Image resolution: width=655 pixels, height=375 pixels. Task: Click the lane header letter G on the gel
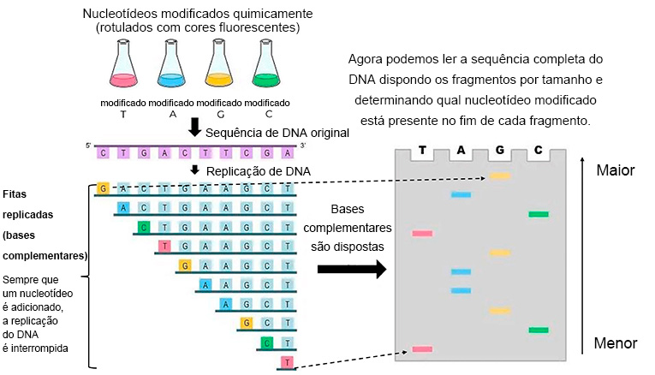tap(499, 152)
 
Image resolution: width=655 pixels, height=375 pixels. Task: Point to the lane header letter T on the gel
tap(421, 152)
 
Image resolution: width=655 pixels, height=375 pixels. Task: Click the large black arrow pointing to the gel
tap(352, 270)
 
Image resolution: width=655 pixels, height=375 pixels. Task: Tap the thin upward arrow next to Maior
tap(584, 248)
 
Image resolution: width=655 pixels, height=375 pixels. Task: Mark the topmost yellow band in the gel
tap(499, 176)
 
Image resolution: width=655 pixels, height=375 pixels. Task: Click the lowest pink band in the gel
tap(422, 349)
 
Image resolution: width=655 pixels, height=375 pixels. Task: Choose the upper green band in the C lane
tap(538, 214)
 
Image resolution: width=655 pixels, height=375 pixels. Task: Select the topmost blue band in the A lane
tap(461, 195)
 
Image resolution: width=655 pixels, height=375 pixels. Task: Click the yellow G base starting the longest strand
tap(104, 187)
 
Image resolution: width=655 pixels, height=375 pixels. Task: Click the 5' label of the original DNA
tap(88, 146)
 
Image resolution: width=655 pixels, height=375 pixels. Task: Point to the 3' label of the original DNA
tap(302, 146)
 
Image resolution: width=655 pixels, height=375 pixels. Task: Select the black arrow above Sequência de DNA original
tap(194, 127)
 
